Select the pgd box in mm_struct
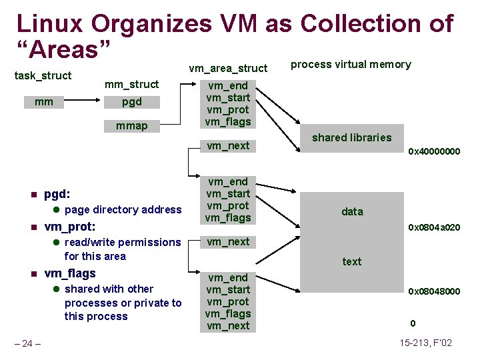[131, 103]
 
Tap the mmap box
[131, 125]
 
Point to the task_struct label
[43, 75]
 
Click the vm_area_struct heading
[228, 68]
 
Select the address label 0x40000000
[434, 152]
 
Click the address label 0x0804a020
[434, 227]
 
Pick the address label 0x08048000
[434, 291]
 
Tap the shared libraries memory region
[352, 137]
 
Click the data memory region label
[352, 211]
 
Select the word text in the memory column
[352, 261]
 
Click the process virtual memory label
[351, 65]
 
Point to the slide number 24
[28, 344]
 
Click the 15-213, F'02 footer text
[426, 343]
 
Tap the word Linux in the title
[50, 24]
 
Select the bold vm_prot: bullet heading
[69, 227]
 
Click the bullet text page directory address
[123, 210]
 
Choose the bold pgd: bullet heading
[56, 195]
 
